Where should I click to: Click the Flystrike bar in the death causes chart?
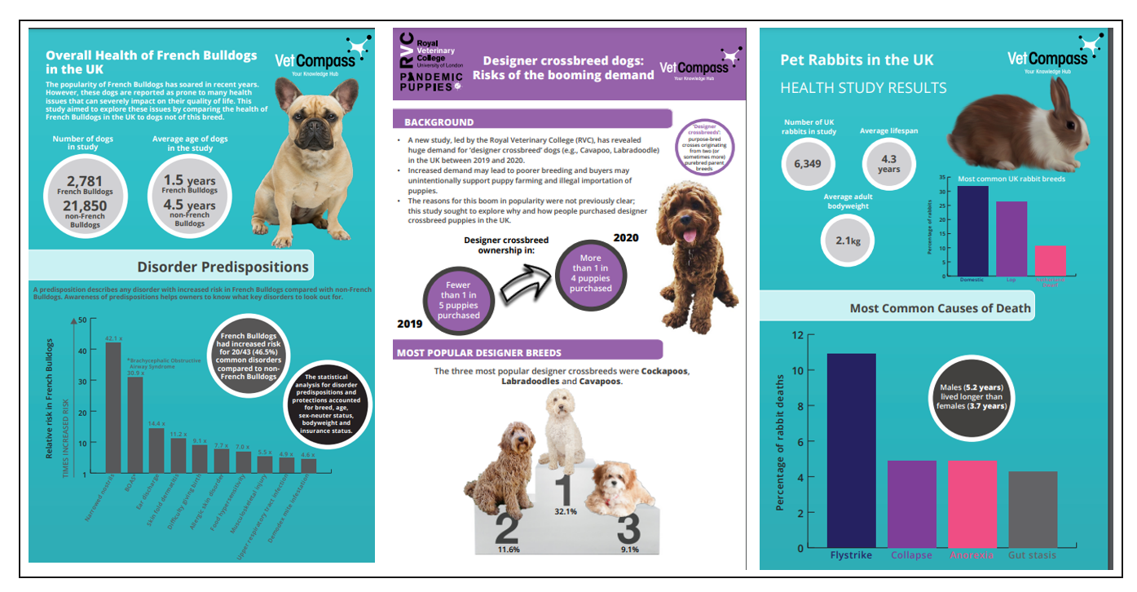852,449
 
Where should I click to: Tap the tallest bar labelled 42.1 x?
113,408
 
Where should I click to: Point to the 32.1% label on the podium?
565,511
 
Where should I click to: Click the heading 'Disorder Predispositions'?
223,267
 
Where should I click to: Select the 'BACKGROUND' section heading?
439,122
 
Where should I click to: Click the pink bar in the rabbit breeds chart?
1050,260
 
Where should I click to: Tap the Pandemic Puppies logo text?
431,79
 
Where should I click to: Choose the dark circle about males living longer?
970,395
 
